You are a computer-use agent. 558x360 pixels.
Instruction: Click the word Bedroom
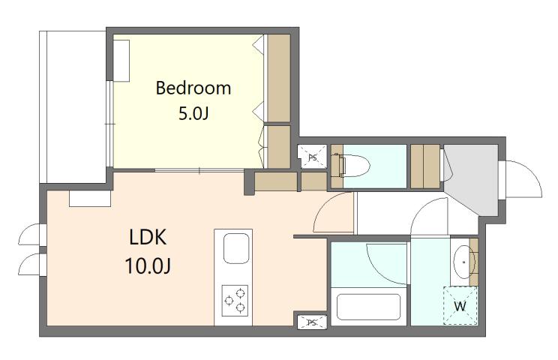coord(193,88)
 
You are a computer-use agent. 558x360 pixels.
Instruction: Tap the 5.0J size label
coord(193,113)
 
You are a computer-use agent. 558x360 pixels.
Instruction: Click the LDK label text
coord(148,237)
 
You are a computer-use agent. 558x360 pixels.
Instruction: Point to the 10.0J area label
coord(148,265)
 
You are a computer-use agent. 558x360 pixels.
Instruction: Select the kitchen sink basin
coord(236,248)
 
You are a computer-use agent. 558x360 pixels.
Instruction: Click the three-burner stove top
coord(235,301)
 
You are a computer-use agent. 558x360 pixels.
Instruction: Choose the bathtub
coord(369,307)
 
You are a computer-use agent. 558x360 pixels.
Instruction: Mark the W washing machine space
coord(460,305)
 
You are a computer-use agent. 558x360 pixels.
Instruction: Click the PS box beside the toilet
coord(312,157)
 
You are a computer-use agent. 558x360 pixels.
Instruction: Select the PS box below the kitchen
coord(312,322)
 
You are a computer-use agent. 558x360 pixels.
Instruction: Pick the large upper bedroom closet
coord(279,78)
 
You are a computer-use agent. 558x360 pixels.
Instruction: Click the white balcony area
coord(76,106)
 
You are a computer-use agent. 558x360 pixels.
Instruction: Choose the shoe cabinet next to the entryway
coord(425,166)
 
